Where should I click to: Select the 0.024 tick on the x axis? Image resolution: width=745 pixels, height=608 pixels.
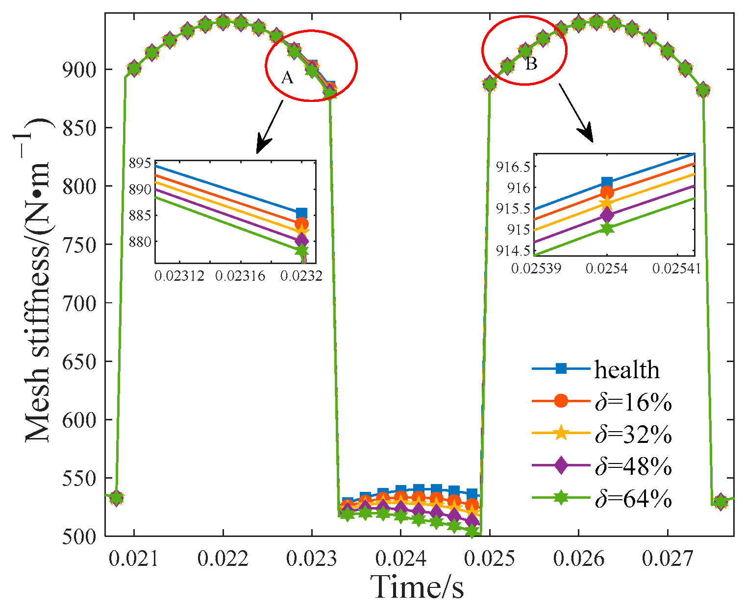click(400, 559)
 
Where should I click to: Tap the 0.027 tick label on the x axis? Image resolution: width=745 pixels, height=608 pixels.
click(667, 559)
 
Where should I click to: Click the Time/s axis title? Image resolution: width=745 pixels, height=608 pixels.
click(417, 586)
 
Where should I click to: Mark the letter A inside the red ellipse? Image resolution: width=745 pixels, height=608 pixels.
click(287, 77)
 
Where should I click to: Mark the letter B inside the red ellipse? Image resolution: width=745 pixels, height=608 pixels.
click(531, 63)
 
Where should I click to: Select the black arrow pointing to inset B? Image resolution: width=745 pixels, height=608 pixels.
click(576, 113)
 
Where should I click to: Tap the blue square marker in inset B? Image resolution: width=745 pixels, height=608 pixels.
click(607, 183)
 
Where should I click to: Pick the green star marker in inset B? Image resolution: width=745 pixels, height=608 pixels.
click(607, 228)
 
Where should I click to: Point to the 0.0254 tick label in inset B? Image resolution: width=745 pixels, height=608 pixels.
click(607, 268)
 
